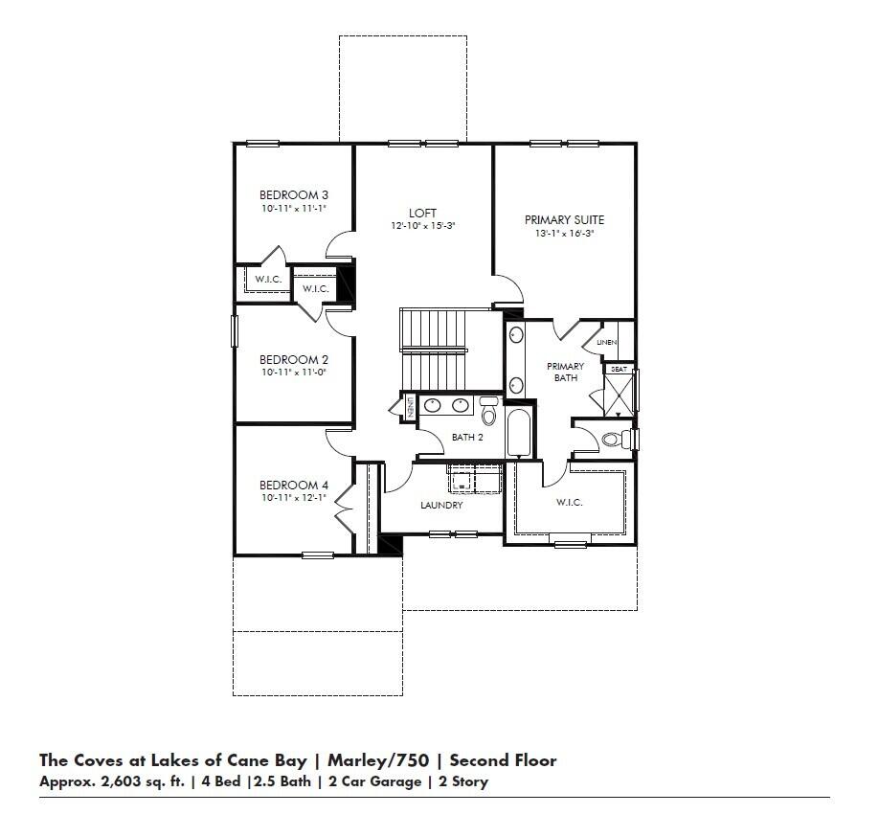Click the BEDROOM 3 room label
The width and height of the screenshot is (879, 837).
(x=294, y=195)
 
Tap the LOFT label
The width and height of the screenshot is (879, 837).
(x=422, y=213)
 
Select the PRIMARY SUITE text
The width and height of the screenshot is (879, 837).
(x=564, y=220)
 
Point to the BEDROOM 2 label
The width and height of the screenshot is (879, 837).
(x=294, y=360)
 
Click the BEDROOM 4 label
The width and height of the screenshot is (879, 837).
(x=294, y=485)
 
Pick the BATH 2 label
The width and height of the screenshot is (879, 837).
(x=467, y=438)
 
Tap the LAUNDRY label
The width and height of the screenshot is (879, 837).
(x=441, y=505)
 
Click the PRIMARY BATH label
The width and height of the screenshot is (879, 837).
(x=565, y=372)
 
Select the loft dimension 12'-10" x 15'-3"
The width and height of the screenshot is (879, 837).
(x=422, y=226)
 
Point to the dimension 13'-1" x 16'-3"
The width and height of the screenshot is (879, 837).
(x=564, y=233)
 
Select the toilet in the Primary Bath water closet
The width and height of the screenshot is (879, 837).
(x=613, y=440)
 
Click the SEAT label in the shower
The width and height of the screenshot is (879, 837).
(x=618, y=369)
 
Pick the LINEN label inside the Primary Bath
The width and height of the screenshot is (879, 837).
(x=606, y=342)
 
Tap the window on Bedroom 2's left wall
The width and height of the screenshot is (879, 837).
(x=236, y=330)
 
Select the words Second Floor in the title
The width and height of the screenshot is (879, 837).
(x=502, y=760)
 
